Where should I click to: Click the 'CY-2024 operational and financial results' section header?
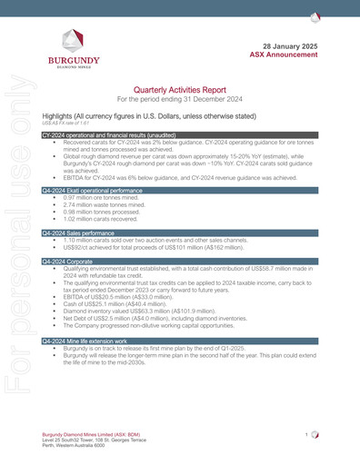coord(100,134)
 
